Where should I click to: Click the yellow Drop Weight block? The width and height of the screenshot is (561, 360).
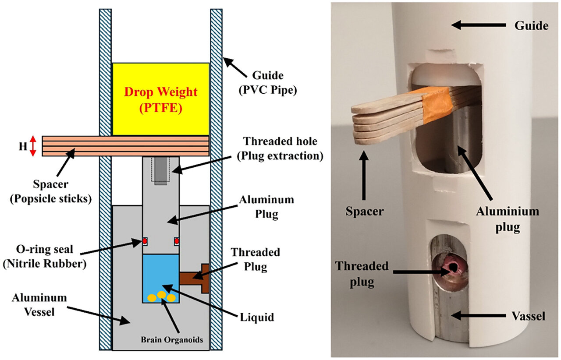click(x=160, y=99)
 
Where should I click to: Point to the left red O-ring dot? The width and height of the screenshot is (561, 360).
click(x=144, y=241)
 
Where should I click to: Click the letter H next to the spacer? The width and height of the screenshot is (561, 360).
click(x=21, y=146)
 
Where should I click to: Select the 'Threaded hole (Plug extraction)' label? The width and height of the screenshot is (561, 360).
click(x=283, y=148)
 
